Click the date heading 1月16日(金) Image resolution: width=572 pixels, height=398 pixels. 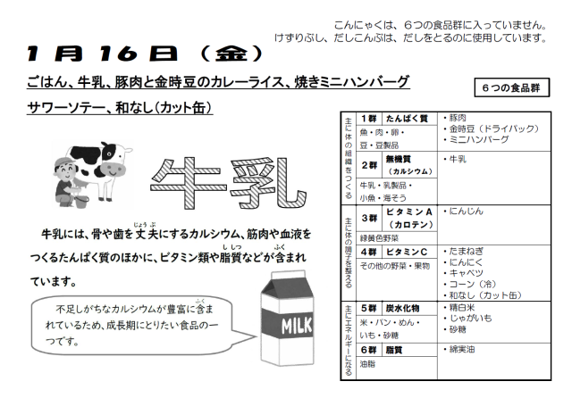pyautogui.click(x=145, y=54)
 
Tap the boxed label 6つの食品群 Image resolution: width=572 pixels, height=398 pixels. pyautogui.click(x=512, y=87)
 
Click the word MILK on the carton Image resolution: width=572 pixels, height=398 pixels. pyautogui.click(x=296, y=326)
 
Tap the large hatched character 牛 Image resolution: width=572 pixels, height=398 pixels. pyautogui.click(x=187, y=183)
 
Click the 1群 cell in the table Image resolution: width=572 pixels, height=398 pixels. pyautogui.click(x=369, y=119)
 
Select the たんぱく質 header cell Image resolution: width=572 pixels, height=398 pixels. pyautogui.click(x=409, y=119)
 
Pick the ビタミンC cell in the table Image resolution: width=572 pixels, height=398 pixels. pyautogui.click(x=409, y=252)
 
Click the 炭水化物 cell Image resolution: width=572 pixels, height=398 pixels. pyautogui.click(x=409, y=309)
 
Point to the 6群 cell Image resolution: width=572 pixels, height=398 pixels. pyautogui.click(x=369, y=350)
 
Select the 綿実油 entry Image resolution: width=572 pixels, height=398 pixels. pyautogui.click(x=459, y=350)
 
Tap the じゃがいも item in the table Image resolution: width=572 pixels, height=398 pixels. pyautogui.click(x=467, y=319)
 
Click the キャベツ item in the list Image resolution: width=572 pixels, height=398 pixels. pyautogui.click(x=463, y=273)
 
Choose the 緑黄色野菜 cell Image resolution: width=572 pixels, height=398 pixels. pyautogui.click(x=379, y=238)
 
